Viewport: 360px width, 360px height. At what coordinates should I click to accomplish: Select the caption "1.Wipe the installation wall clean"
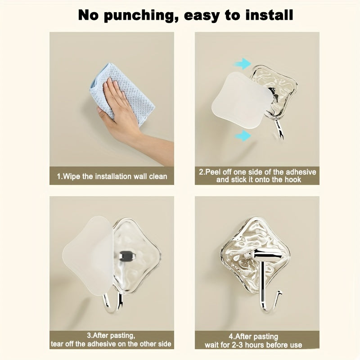(112, 176)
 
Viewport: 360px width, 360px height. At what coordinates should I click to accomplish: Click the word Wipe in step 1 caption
(72, 176)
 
